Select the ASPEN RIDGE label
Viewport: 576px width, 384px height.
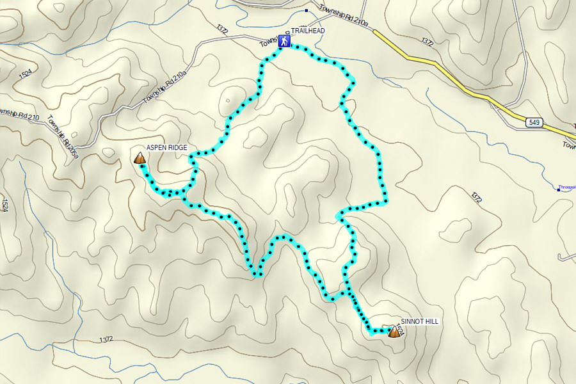tap(166, 148)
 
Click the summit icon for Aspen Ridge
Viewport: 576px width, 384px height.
tap(139, 158)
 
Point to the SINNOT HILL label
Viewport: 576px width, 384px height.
tap(420, 321)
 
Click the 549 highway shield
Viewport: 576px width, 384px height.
tap(535, 122)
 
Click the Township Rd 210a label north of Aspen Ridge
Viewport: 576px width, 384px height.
tap(164, 88)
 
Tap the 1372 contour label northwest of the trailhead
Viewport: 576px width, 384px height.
tap(222, 29)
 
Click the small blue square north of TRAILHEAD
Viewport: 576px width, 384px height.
tap(306, 11)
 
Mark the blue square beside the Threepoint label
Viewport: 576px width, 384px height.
tap(558, 189)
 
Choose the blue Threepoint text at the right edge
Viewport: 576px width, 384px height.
tap(568, 188)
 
